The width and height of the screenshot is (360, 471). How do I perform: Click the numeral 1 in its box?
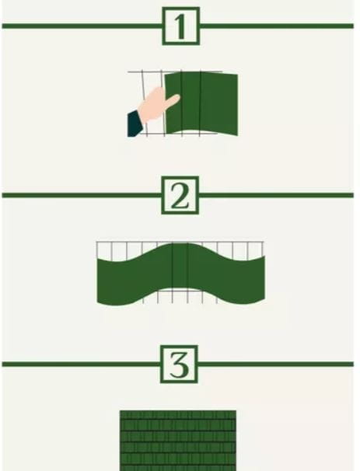180,26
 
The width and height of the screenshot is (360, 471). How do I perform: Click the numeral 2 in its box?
180,196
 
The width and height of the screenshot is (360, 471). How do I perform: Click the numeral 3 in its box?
179,365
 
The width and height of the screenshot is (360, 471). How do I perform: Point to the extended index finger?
173,100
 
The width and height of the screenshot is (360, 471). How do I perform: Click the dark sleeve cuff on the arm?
135,124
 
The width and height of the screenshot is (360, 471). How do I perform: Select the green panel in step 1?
201,103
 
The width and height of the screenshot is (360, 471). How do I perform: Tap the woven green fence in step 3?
178,441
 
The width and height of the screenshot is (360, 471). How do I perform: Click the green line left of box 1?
82,26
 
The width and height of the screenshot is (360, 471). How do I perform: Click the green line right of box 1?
277,26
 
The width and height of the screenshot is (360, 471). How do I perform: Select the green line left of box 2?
82,195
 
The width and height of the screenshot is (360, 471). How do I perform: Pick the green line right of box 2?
276,195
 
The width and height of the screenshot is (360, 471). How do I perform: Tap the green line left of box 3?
81,365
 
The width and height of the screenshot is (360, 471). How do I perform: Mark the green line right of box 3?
275,365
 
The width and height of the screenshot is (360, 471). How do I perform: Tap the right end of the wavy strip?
264,277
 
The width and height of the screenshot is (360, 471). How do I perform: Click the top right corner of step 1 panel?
238,74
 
